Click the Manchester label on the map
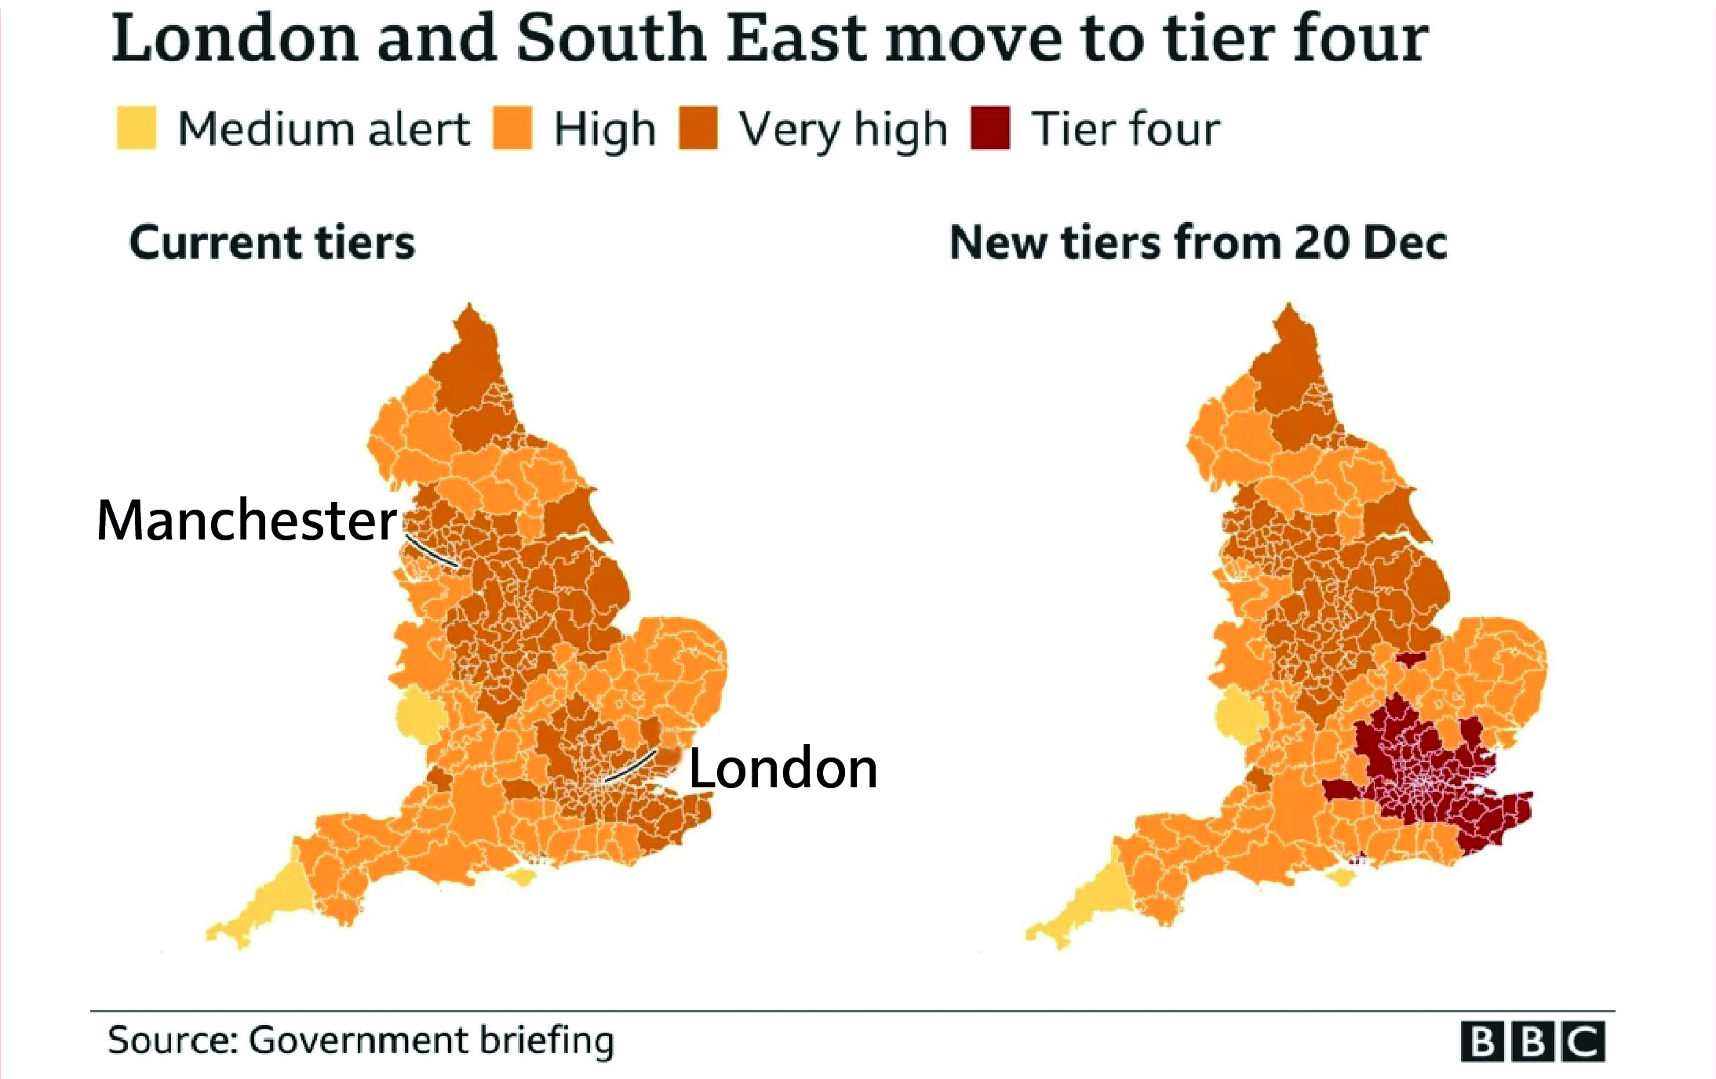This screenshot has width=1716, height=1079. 246,521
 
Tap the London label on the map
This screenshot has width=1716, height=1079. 782,768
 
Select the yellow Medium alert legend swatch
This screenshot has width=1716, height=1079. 137,128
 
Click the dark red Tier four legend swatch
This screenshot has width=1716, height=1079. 989,128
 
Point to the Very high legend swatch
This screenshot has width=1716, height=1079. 698,128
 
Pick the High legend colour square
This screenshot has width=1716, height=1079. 512,128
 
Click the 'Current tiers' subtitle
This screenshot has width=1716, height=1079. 271,242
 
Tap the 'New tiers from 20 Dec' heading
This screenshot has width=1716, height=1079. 1197,242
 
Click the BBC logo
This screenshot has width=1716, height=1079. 1532,1042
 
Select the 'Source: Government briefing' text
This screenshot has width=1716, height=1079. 360,1041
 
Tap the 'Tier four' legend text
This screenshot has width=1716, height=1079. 1125,129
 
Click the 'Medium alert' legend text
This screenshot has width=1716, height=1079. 323,129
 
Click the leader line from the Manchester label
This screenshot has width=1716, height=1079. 432,551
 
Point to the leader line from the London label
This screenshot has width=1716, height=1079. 632,765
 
